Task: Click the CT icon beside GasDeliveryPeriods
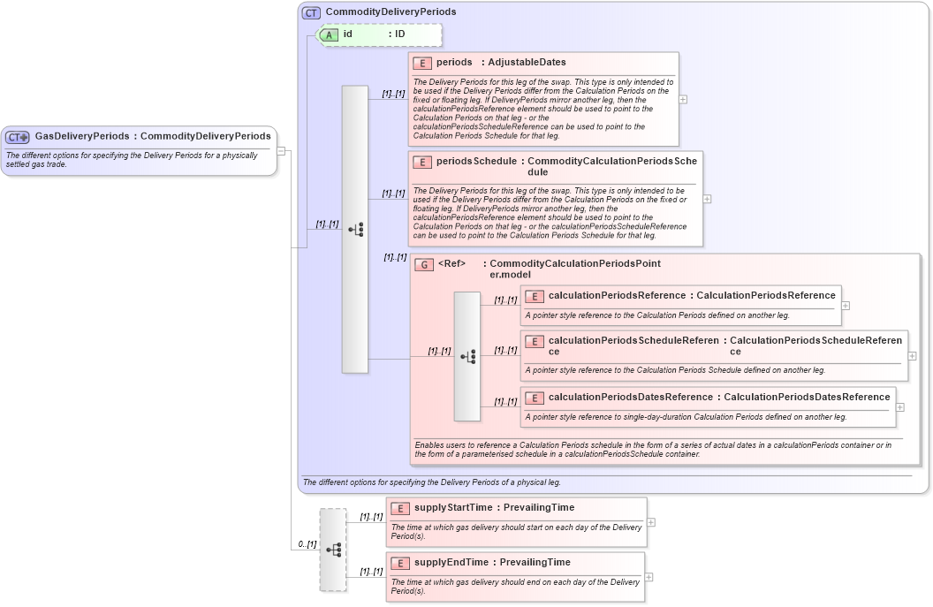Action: click(18, 137)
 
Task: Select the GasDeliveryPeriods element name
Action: click(81, 136)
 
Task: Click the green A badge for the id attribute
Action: click(329, 34)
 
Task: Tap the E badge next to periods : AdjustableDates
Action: click(422, 63)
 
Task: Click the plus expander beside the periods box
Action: click(683, 99)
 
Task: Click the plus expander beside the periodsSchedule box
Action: click(707, 199)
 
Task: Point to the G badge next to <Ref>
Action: click(424, 264)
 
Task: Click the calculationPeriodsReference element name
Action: click(617, 295)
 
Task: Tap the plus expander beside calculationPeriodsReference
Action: click(846, 305)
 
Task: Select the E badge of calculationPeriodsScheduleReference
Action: click(534, 341)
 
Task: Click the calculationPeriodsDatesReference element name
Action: click(630, 397)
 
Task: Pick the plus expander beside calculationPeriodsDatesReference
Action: click(899, 407)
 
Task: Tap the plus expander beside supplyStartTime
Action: click(651, 522)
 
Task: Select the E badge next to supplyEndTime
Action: click(399, 563)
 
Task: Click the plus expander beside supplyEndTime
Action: click(649, 577)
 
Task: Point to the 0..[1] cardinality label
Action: click(307, 544)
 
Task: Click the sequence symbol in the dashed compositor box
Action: click(333, 550)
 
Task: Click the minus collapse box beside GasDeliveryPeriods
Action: click(281, 150)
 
